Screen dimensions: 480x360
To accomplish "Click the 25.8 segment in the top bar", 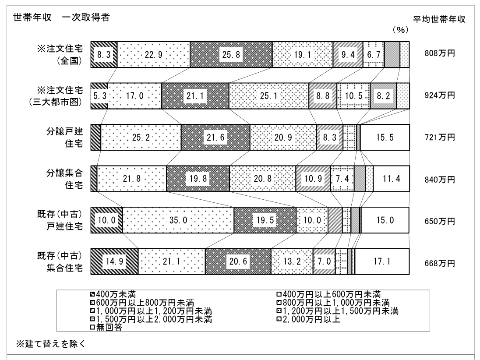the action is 231,54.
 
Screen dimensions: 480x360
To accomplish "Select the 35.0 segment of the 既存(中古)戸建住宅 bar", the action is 178,220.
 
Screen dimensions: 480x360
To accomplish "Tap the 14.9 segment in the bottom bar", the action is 114,261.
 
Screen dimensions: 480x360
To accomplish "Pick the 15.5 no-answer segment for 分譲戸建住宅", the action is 385,137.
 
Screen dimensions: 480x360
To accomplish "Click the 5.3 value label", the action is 100,96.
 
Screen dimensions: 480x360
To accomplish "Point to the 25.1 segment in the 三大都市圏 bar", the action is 269,96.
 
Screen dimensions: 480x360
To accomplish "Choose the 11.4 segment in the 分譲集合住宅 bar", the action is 391,179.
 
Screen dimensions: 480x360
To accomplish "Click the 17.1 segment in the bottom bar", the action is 382,261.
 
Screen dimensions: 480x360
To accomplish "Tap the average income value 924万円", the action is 440,95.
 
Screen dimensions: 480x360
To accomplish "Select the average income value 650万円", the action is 440,221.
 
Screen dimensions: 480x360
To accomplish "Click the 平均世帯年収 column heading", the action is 439,19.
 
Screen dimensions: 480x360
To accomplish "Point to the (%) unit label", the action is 400,30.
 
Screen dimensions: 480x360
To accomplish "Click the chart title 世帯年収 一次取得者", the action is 61,18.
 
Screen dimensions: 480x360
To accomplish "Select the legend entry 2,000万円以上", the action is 308,319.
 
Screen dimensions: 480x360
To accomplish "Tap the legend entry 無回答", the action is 106,327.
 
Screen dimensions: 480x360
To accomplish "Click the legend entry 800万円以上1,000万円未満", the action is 333,303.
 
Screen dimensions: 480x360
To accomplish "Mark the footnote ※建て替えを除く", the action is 51,344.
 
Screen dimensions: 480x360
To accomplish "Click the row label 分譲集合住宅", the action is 64,179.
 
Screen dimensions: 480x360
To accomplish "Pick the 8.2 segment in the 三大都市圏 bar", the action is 383,96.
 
